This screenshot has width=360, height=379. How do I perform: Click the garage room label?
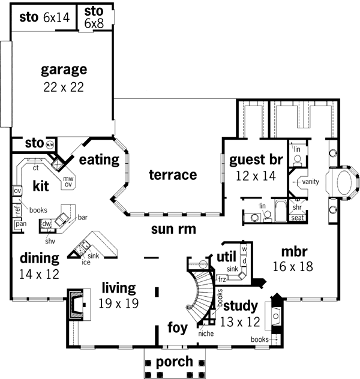point(64,70)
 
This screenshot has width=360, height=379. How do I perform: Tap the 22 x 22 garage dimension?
point(63,87)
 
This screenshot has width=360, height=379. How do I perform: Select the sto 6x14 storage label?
point(44,17)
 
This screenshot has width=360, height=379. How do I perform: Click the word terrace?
point(173,175)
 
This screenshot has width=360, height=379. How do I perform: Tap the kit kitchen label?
point(41,185)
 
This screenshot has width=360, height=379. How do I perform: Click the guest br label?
point(256,160)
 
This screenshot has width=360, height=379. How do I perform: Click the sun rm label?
point(173,228)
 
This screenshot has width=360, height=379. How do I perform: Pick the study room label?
point(240,305)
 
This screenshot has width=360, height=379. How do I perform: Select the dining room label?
point(40,258)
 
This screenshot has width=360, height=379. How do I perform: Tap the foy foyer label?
point(177,329)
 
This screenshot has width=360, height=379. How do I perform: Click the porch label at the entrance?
point(174,362)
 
